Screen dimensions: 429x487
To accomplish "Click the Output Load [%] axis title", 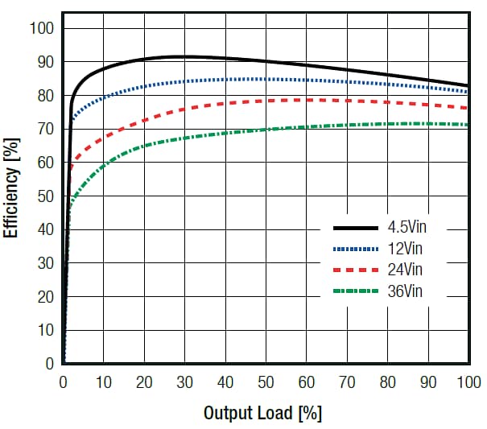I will click(262, 414).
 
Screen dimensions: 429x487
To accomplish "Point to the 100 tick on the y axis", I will click(42, 29).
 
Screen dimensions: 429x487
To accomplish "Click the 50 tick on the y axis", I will click(46, 196).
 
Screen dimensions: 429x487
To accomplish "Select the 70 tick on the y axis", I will click(46, 130).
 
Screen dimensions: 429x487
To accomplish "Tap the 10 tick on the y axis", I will click(46, 330).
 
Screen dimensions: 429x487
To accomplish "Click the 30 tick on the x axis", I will click(185, 382).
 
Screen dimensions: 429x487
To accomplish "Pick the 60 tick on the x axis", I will click(307, 382).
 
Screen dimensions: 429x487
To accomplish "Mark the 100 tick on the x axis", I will click(468, 382).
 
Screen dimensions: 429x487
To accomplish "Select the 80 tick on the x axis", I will click(388, 382).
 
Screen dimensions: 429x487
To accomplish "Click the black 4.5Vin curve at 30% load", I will click(185, 56).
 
